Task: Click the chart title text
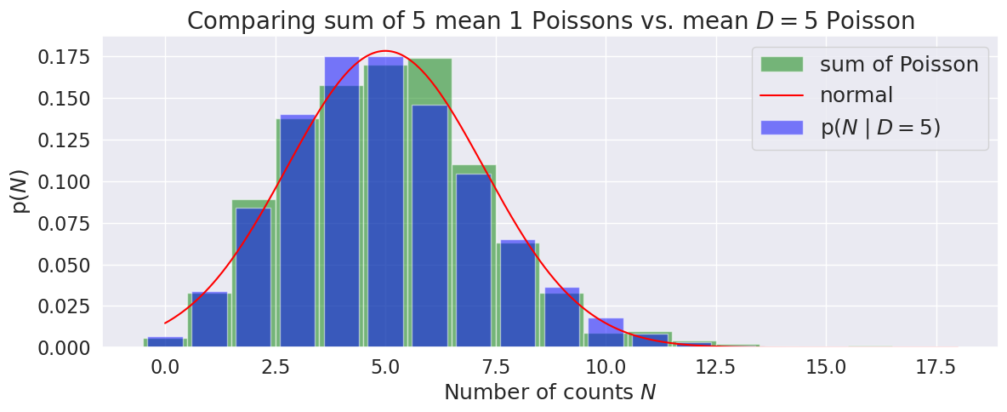[x=550, y=20]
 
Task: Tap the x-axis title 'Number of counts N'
[x=550, y=392]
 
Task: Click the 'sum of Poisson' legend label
[x=898, y=64]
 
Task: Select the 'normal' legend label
[x=856, y=95]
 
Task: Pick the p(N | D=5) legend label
[x=880, y=128]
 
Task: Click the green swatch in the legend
[x=781, y=64]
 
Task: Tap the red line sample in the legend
[x=781, y=95]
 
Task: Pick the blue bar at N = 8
[x=517, y=294]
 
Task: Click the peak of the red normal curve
[x=385, y=51]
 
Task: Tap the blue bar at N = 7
[x=473, y=260]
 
